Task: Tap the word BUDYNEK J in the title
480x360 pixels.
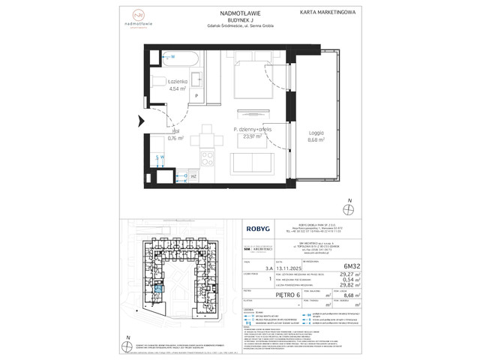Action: pos(240,20)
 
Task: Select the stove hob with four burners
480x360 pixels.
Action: pos(208,158)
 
